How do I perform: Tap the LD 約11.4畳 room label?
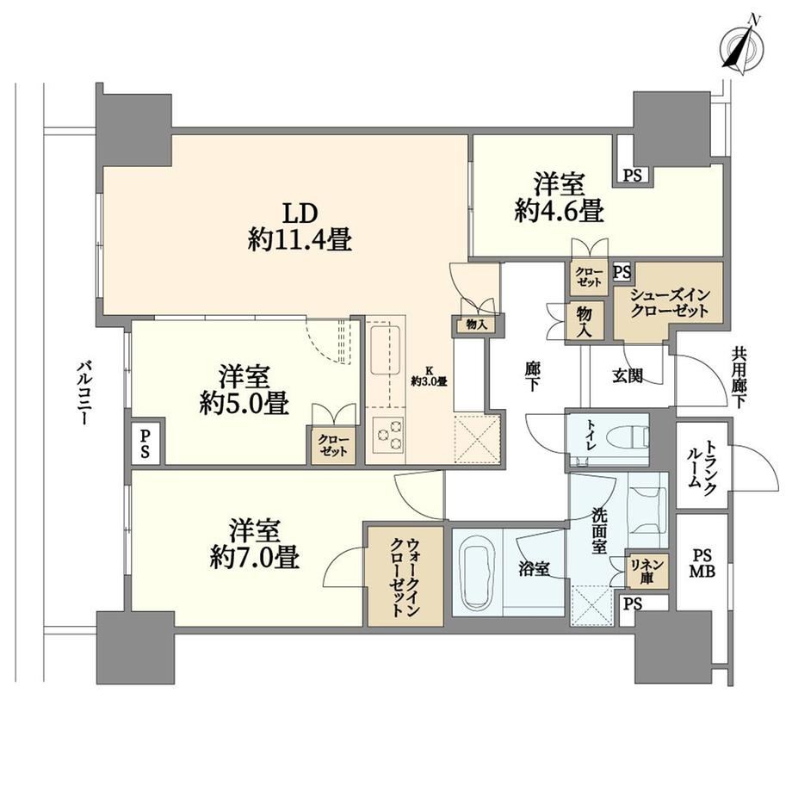[300, 226]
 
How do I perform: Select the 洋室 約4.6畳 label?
[560, 197]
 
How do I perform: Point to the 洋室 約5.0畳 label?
[244, 390]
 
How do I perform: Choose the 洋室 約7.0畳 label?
[255, 543]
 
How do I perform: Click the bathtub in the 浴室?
[478, 572]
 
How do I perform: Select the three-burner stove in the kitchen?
[388, 434]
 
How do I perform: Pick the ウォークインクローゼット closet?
[405, 576]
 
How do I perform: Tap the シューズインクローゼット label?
[669, 302]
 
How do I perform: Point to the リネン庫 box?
[647, 570]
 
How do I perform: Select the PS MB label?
[701, 564]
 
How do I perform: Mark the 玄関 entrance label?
[628, 375]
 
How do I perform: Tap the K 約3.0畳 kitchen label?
[429, 377]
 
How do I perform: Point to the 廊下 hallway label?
[532, 377]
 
